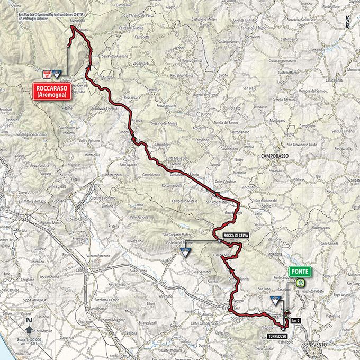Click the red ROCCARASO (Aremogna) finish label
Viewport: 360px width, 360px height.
(56, 91)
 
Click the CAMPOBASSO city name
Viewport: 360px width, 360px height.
(276, 157)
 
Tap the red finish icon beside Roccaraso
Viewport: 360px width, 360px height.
(47, 74)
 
